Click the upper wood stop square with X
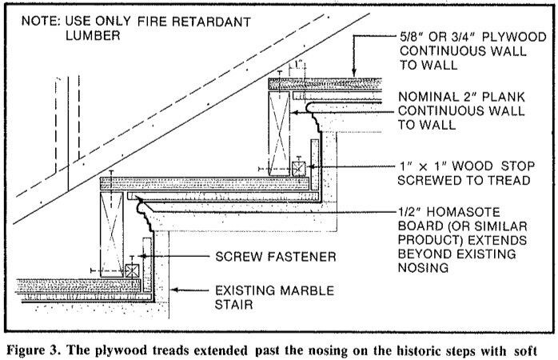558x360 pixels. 298,169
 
